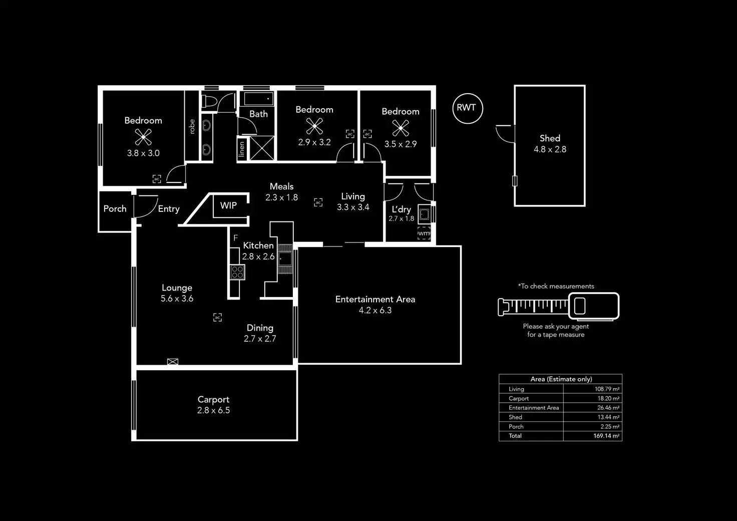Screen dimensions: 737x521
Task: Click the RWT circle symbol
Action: (467, 108)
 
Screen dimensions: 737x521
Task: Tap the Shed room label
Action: (550, 138)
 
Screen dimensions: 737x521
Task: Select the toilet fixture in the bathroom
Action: (209, 102)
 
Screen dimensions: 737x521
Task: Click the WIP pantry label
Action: (228, 205)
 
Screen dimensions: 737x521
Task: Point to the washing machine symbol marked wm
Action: (424, 233)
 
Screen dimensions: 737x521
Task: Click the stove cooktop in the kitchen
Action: (237, 272)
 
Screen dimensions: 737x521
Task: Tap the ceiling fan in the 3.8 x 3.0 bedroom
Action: (143, 137)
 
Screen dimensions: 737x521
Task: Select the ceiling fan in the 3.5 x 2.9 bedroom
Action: (401, 128)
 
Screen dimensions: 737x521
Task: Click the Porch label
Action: (115, 209)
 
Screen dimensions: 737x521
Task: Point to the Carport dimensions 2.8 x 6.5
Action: (213, 410)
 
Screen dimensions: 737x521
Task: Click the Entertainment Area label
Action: (375, 300)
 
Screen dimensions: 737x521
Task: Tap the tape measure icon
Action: (558, 306)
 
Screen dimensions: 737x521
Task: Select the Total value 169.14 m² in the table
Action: (606, 436)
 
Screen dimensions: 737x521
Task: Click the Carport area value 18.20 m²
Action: (608, 398)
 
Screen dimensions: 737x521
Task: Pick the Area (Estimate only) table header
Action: (561, 379)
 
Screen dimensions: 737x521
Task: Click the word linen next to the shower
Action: (242, 149)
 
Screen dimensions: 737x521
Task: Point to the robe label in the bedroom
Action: (192, 126)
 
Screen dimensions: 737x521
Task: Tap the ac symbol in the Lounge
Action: (217, 317)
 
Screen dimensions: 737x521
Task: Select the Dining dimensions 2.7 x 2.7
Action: (260, 339)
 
